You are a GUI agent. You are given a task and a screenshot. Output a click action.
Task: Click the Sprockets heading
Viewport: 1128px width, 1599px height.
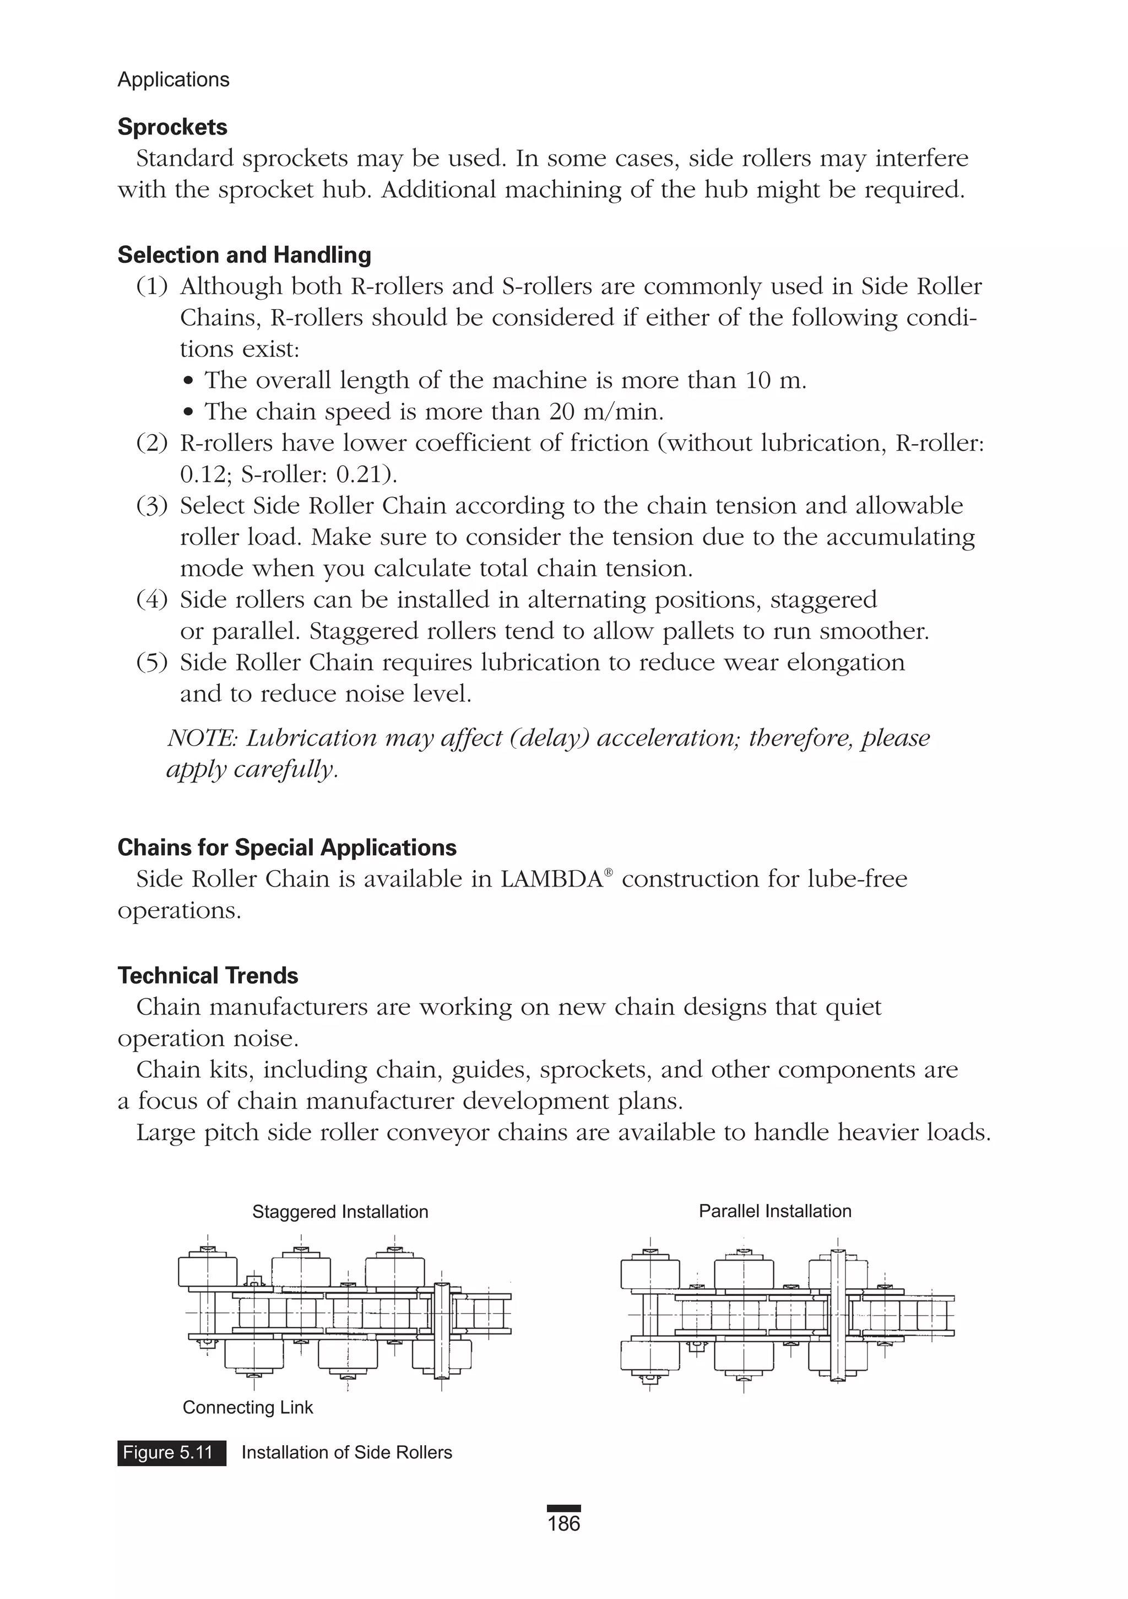(172, 127)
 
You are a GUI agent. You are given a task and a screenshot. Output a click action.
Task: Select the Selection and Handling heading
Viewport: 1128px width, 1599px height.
(243, 255)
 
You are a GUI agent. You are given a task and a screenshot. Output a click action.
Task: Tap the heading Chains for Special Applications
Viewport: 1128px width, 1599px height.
(287, 847)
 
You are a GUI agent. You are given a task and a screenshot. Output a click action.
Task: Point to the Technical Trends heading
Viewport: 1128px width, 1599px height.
(208, 976)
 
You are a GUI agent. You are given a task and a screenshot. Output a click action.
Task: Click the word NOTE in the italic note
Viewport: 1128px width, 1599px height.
(202, 738)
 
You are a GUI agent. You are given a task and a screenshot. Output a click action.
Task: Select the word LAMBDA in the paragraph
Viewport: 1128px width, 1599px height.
(551, 879)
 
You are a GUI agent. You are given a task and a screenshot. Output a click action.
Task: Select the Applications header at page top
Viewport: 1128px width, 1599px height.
(173, 79)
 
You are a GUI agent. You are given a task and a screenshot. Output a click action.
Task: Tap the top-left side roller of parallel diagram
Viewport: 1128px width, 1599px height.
(649, 1272)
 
